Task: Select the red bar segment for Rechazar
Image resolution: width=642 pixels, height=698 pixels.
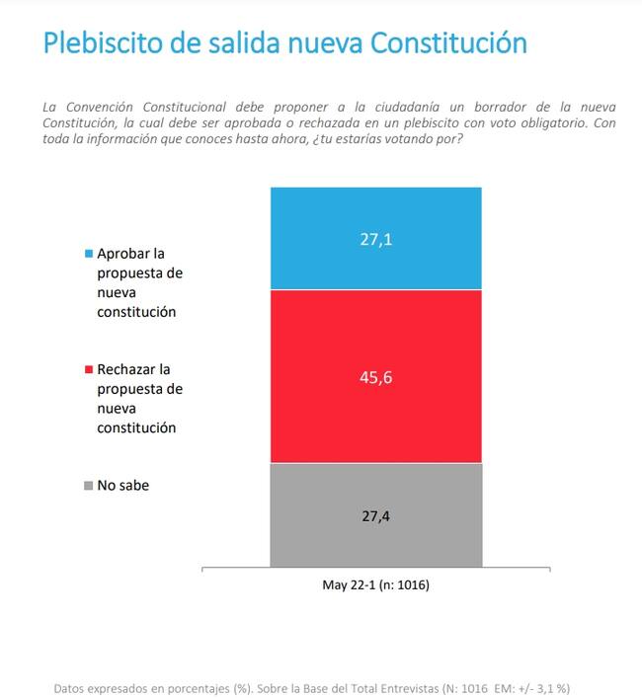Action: tap(375, 415)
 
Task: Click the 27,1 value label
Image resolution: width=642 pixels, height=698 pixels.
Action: tap(375, 238)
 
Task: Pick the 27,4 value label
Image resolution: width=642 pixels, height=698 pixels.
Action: tap(375, 515)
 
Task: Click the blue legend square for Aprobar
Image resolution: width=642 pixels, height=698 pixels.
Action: tap(89, 254)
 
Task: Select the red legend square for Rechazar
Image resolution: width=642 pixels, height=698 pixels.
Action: tap(89, 369)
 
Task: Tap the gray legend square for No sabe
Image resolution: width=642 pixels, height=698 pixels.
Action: tap(89, 486)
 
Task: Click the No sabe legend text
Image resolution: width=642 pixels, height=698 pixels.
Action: tap(123, 485)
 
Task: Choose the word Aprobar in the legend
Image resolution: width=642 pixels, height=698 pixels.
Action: tap(123, 254)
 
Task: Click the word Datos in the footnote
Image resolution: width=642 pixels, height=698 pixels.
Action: tap(71, 687)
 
